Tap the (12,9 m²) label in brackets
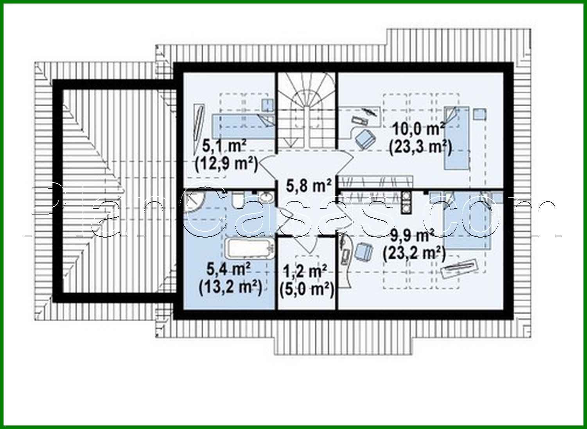tap(226, 164)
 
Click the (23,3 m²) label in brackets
tap(420, 147)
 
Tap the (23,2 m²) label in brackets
tap(415, 254)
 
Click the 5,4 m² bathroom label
tap(229, 269)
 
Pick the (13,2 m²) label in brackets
tap(230, 288)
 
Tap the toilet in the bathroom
tap(238, 200)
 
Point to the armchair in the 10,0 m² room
tap(365, 138)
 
